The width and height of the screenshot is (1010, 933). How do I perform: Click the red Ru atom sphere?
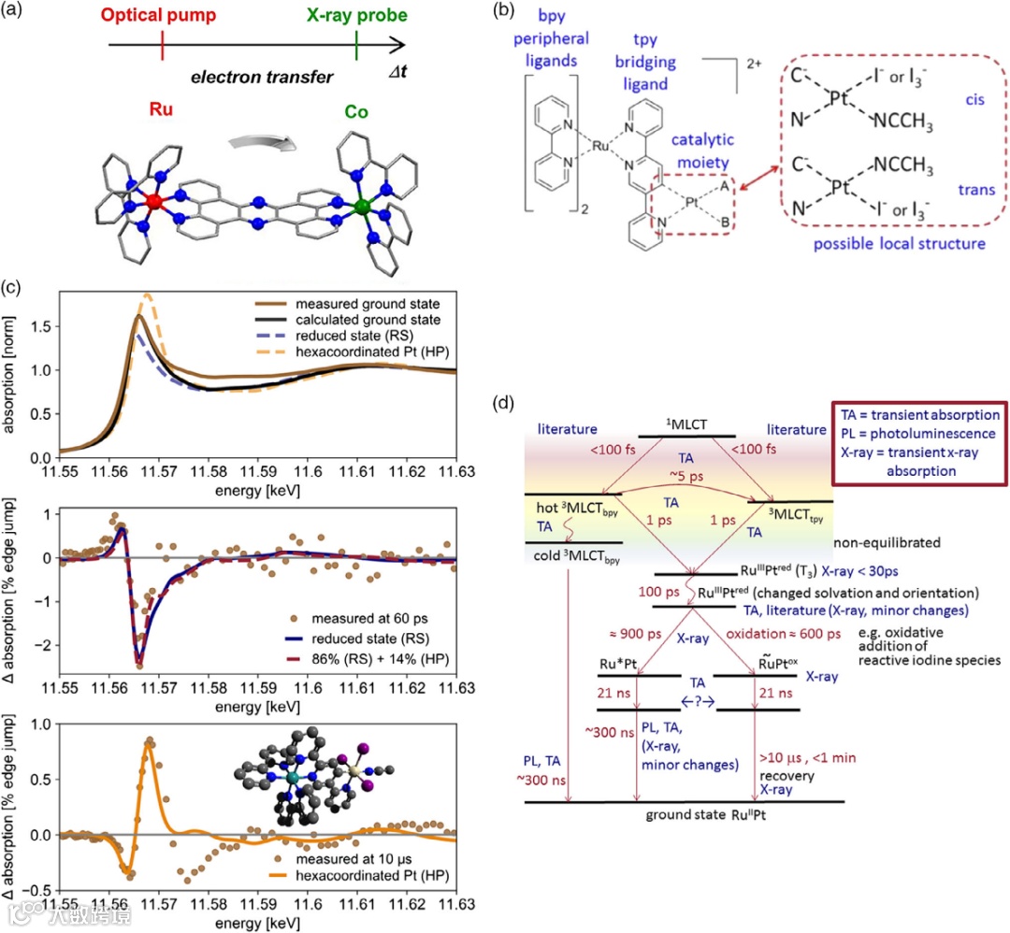pyautogui.click(x=156, y=202)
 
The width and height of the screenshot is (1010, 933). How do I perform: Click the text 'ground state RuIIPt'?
pyautogui.click(x=686, y=814)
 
